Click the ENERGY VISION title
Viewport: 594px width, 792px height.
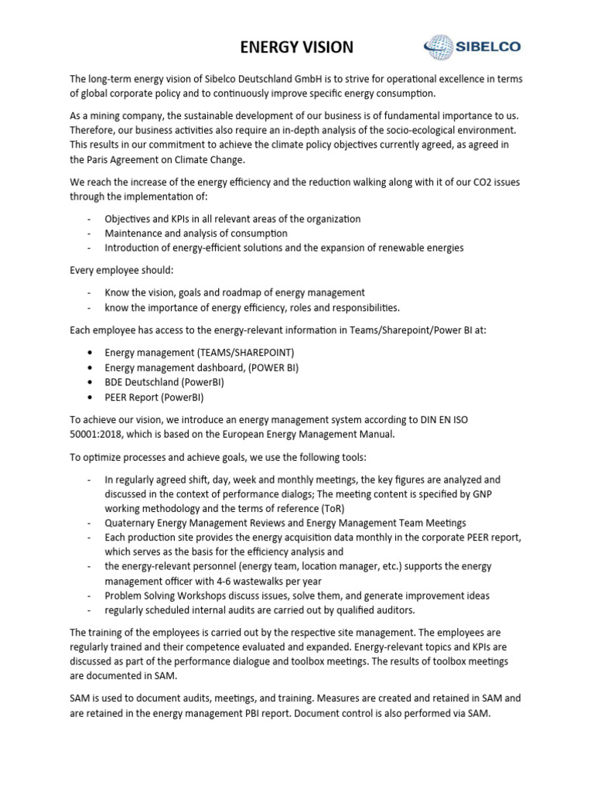tap(296, 47)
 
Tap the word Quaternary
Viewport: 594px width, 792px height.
tap(131, 523)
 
